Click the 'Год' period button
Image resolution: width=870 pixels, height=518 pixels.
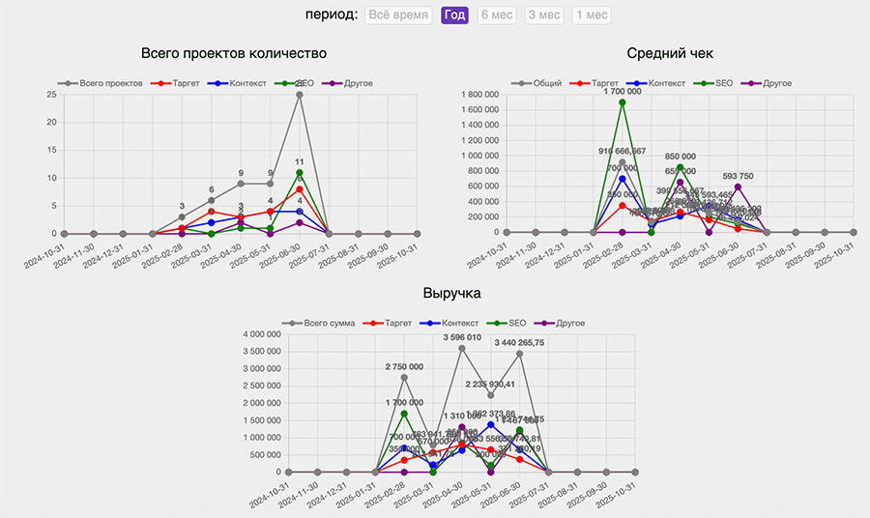pos(454,14)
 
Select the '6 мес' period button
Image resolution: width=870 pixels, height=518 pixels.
pos(497,14)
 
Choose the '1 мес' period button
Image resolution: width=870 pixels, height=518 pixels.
pos(591,14)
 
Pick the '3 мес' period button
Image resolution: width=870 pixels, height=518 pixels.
pos(544,14)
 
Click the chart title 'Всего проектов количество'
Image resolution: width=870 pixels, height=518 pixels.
pos(234,53)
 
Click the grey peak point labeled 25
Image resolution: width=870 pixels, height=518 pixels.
pos(300,95)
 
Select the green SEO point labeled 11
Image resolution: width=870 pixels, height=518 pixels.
pos(300,172)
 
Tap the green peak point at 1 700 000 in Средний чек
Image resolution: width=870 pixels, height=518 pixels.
pos(623,102)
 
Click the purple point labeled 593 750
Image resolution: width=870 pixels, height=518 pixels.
pos(738,187)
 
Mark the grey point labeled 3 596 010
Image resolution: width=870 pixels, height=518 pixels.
pos(462,348)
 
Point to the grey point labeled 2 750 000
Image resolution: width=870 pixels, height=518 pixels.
pos(404,377)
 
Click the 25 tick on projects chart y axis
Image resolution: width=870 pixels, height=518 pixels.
pos(49,95)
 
